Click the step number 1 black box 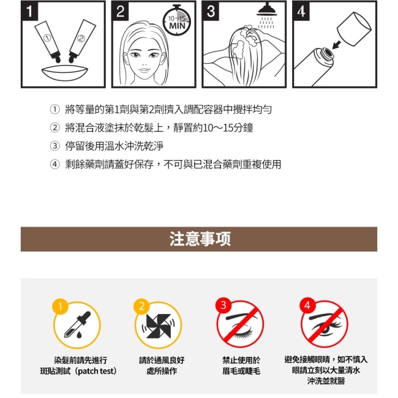(x=30, y=10)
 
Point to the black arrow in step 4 (x=337, y=45)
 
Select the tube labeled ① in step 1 (x=48, y=42)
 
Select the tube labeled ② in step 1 (x=81, y=41)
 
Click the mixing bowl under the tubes (x=65, y=73)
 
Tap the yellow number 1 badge (x=60, y=307)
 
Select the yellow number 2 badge (x=141, y=306)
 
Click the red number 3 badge (x=223, y=305)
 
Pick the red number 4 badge (x=307, y=305)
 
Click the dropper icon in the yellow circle (x=77, y=325)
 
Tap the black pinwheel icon (x=159, y=326)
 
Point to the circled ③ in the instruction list (x=54, y=146)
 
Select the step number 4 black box (x=301, y=11)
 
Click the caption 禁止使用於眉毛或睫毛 (x=241, y=366)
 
